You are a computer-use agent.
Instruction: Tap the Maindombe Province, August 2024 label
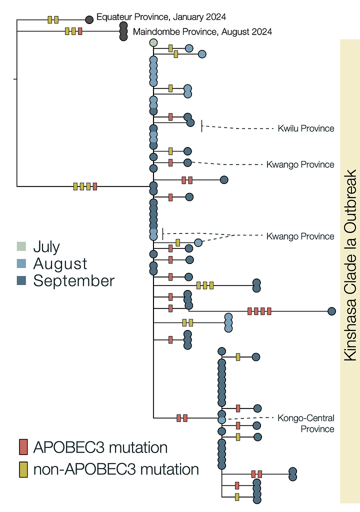(202, 32)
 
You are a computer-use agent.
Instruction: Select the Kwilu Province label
(306, 128)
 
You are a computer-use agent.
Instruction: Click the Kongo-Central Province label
(306, 423)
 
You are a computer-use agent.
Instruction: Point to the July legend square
(21, 246)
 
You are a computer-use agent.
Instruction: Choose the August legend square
(21, 263)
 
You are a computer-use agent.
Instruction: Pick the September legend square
(21, 280)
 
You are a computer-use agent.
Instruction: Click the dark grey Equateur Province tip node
(89, 19)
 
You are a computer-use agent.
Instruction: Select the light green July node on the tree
(153, 42)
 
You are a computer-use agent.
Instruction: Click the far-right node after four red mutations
(331, 311)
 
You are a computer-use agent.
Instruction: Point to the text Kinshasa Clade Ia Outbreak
(349, 265)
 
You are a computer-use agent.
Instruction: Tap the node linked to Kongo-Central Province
(221, 419)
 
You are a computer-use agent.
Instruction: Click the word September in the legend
(74, 280)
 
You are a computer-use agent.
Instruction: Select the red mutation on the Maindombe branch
(80, 31)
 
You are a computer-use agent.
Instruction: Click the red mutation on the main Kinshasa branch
(95, 186)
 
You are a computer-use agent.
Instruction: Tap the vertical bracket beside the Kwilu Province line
(201, 125)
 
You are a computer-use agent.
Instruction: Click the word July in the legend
(46, 246)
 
